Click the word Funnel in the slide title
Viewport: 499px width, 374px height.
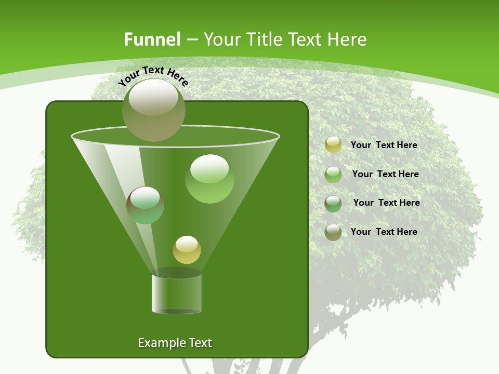[x=152, y=39]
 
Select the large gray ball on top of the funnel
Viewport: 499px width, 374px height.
[x=153, y=110]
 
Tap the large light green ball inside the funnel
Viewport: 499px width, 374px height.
[x=209, y=179]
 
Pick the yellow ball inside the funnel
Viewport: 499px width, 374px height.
[x=187, y=250]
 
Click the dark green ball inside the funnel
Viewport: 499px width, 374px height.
[x=145, y=205]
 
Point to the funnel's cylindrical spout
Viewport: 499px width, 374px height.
[x=177, y=293]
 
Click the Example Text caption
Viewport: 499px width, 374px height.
[x=175, y=343]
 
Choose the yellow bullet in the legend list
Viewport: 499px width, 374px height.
[x=333, y=145]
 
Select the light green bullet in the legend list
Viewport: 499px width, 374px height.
[x=333, y=175]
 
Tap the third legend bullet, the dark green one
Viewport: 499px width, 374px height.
[x=333, y=204]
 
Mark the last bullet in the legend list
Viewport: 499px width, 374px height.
[x=333, y=232]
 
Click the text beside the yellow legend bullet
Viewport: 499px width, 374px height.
[x=384, y=145]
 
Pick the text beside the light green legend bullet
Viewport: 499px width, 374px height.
[x=385, y=174]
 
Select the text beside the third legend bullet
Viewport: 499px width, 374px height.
[x=386, y=203]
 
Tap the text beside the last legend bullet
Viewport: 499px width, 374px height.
[x=384, y=232]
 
